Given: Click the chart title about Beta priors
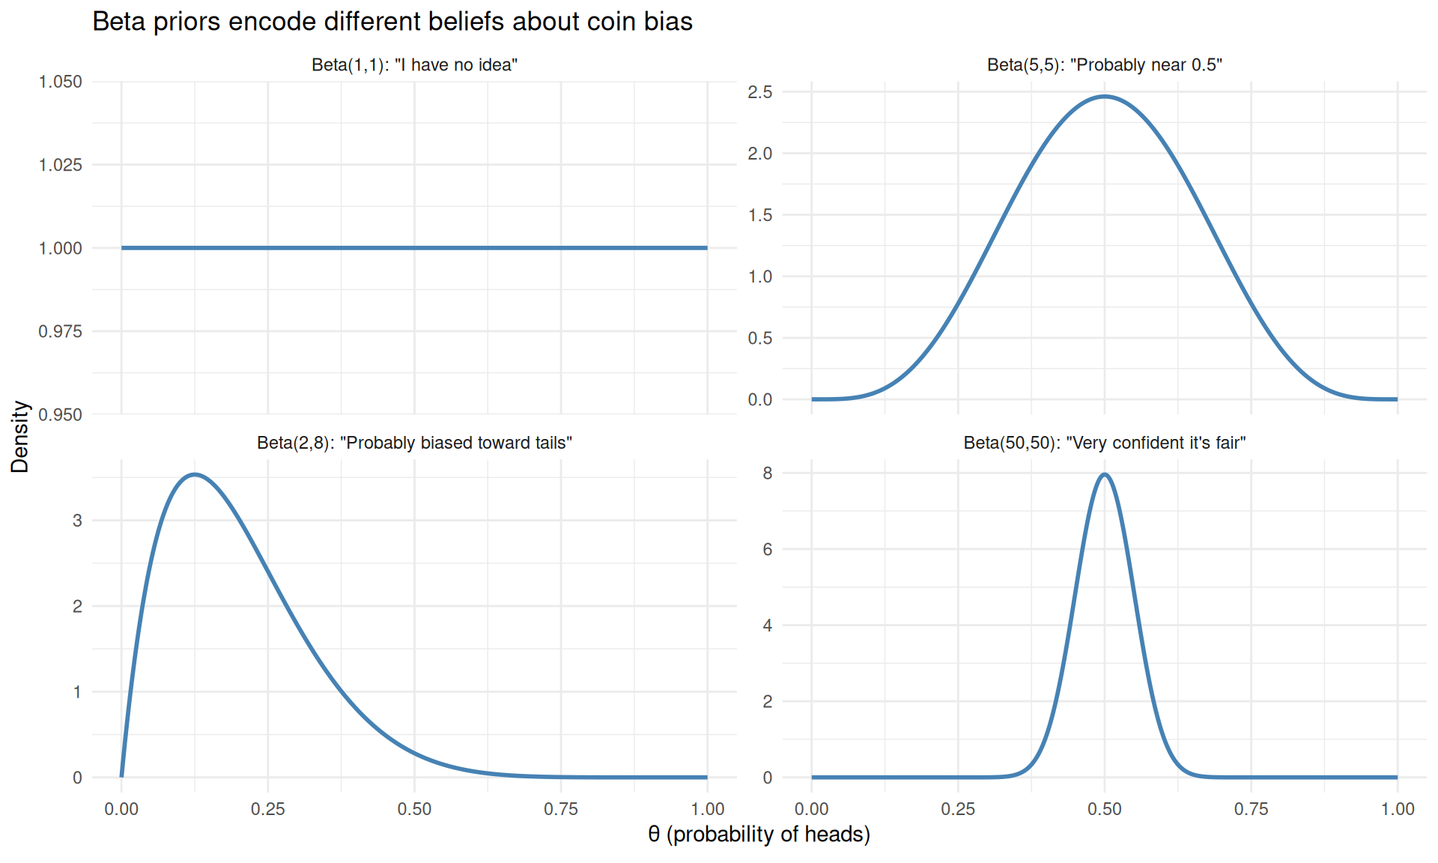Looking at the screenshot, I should coord(392,22).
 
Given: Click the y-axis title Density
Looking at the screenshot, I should coord(20,437).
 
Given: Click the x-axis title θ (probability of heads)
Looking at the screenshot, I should coord(759,834).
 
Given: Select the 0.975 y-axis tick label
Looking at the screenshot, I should coord(60,331).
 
